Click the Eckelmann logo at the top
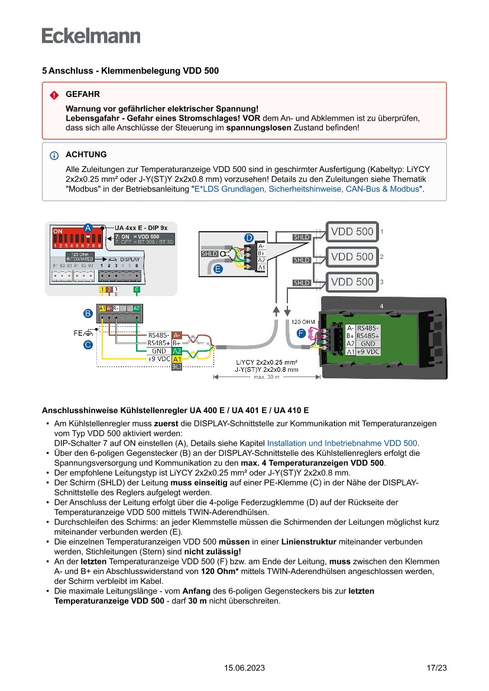(91, 35)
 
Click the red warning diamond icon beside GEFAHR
(54, 95)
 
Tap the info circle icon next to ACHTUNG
(54, 155)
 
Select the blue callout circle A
(88, 228)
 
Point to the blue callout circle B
(88, 312)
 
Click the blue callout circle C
(88, 344)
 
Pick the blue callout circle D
(249, 238)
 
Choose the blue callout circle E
(218, 269)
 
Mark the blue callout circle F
(301, 333)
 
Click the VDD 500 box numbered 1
(352, 232)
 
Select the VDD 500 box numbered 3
(352, 282)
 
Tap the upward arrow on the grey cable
(276, 310)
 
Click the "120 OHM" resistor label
(303, 322)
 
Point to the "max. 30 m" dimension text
(267, 377)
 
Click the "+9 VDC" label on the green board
(368, 352)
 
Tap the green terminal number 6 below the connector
(137, 290)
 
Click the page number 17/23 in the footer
(436, 668)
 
